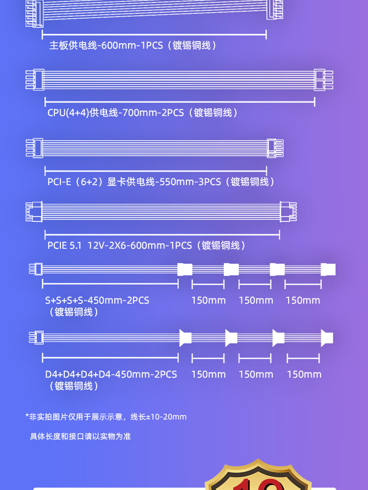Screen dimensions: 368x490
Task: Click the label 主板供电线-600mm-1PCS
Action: point(132,46)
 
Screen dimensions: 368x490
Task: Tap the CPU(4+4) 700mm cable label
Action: point(143,113)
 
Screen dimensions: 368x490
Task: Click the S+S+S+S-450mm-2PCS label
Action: point(97,300)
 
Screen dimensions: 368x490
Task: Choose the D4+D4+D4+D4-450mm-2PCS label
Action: point(111,374)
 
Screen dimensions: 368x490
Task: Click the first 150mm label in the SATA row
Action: point(209,300)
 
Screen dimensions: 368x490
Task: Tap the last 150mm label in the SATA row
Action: point(303,300)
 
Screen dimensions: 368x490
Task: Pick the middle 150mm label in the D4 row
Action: point(256,374)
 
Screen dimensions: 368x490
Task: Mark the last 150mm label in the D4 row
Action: point(304,374)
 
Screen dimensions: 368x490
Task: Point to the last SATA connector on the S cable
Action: point(328,269)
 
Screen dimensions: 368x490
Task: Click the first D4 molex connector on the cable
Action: point(185,338)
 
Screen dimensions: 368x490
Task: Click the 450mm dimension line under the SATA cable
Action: point(110,284)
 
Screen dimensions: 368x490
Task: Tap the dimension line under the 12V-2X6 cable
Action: point(162,234)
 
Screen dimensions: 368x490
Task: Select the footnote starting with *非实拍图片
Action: point(106,417)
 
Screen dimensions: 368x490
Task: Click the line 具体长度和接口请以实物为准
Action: point(80,436)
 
